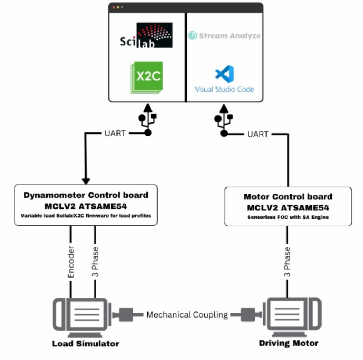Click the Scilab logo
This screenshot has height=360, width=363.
146,35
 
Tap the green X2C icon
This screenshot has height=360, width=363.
147,77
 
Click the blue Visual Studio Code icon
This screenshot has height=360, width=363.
224,74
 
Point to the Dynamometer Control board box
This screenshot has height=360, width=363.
86,205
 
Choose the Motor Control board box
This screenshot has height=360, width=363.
288,206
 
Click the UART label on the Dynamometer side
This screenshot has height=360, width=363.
115,134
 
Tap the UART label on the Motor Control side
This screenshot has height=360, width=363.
258,134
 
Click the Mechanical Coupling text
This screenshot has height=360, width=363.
187,315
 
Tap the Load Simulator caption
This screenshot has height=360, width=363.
85,344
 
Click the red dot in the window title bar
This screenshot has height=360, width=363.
114,7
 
